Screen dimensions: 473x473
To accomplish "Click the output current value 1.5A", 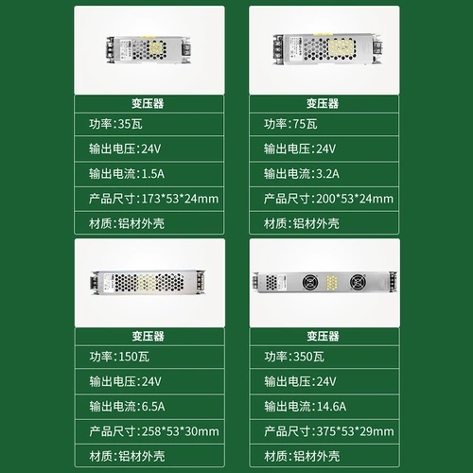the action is pyautogui.click(x=153, y=174).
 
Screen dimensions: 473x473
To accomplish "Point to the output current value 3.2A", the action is pyautogui.click(x=328, y=174).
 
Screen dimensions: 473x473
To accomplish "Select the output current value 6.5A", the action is pyautogui.click(x=153, y=407).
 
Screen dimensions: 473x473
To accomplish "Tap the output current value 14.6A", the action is pyautogui.click(x=331, y=407).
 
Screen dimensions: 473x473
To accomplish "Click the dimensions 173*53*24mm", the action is pyautogui.click(x=180, y=199).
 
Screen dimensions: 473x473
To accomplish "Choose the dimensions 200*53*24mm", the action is pyautogui.click(x=355, y=199).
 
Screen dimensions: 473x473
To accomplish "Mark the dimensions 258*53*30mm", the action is pyautogui.click(x=181, y=431).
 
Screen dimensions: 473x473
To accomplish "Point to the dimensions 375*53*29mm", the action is pyautogui.click(x=356, y=431).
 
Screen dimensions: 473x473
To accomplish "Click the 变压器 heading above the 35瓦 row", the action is pyautogui.click(x=148, y=103).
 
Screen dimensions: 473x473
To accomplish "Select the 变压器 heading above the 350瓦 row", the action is pyautogui.click(x=324, y=336).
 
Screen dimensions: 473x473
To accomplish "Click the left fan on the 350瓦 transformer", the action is pyautogui.click(x=310, y=282).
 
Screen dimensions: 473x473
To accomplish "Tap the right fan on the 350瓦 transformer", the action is pyautogui.click(x=358, y=282).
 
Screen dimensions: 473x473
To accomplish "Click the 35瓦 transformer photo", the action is pyautogui.click(x=149, y=50).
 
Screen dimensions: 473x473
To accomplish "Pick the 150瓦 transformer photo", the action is pyautogui.click(x=148, y=282).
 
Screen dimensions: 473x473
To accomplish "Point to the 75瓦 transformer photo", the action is pyautogui.click(x=328, y=49).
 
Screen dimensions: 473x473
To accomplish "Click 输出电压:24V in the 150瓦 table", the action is pyautogui.click(x=126, y=381).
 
